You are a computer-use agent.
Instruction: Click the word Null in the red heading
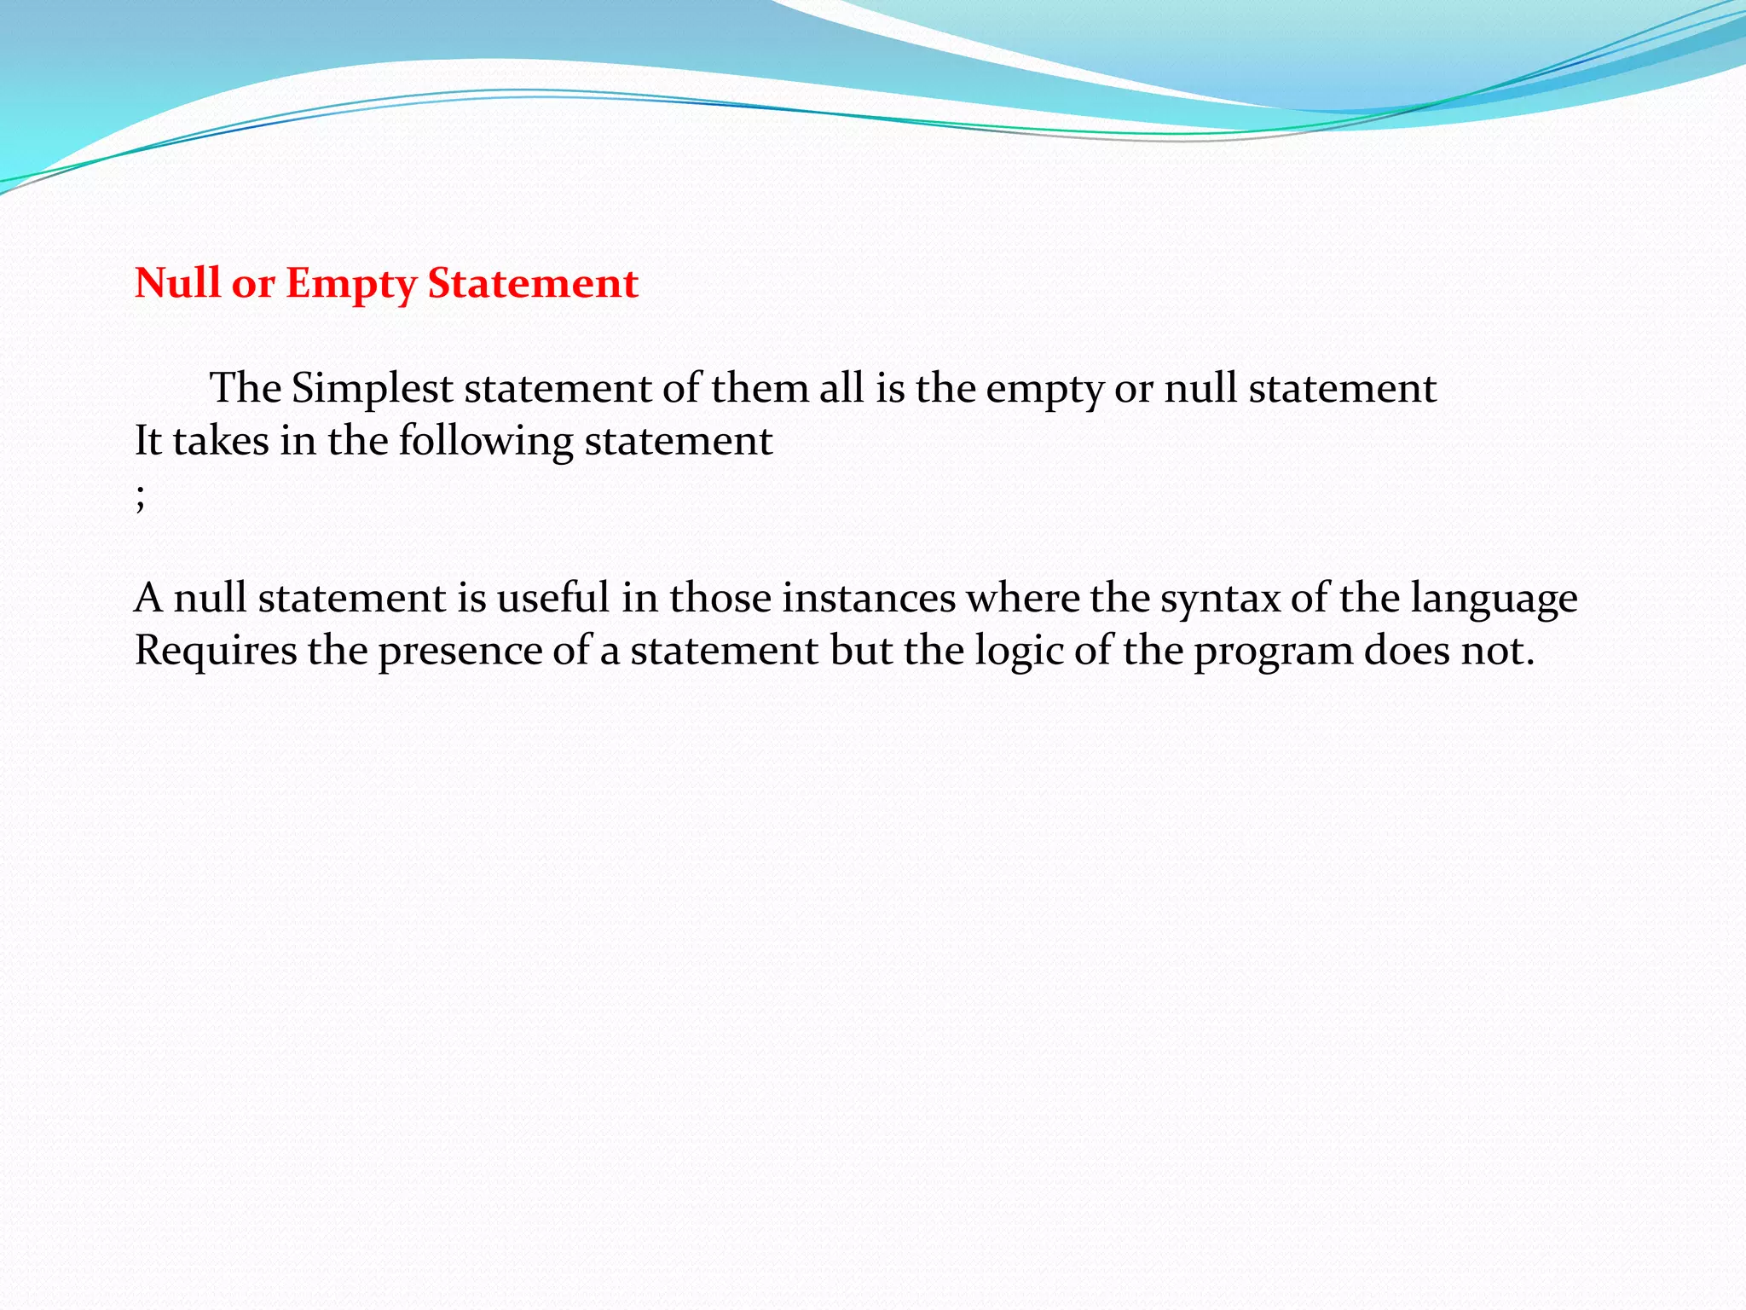click(176, 282)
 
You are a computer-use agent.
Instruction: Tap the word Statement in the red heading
click(532, 282)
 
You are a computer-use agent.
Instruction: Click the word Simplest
click(372, 389)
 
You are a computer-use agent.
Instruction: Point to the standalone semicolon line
click(140, 497)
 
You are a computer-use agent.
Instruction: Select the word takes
click(221, 441)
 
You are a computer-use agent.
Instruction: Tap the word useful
click(552, 597)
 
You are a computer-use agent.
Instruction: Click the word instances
click(869, 597)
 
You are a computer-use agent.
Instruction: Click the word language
click(1494, 599)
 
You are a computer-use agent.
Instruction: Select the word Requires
click(216, 651)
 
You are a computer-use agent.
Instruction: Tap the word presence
click(460, 651)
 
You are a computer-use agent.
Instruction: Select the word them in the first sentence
click(760, 389)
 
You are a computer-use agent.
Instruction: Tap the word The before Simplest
click(246, 389)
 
